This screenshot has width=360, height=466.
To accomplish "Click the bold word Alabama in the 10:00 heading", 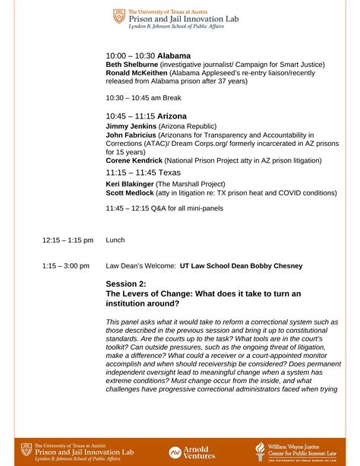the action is (x=174, y=56).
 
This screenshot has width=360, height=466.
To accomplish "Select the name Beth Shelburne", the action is (x=131, y=65).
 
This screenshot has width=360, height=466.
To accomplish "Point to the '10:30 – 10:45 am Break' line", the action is (x=144, y=97).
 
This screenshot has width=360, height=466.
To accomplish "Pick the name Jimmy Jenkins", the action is (x=130, y=125).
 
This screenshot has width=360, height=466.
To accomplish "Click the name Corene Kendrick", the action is (x=134, y=160).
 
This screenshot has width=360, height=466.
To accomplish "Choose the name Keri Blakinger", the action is (x=130, y=184).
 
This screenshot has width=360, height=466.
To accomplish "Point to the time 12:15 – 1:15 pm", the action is (x=68, y=240).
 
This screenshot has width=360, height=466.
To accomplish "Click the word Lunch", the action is (x=115, y=240).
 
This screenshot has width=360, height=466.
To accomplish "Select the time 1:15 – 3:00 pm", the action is (x=68, y=266).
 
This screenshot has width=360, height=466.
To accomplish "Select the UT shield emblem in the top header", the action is (x=118, y=16).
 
